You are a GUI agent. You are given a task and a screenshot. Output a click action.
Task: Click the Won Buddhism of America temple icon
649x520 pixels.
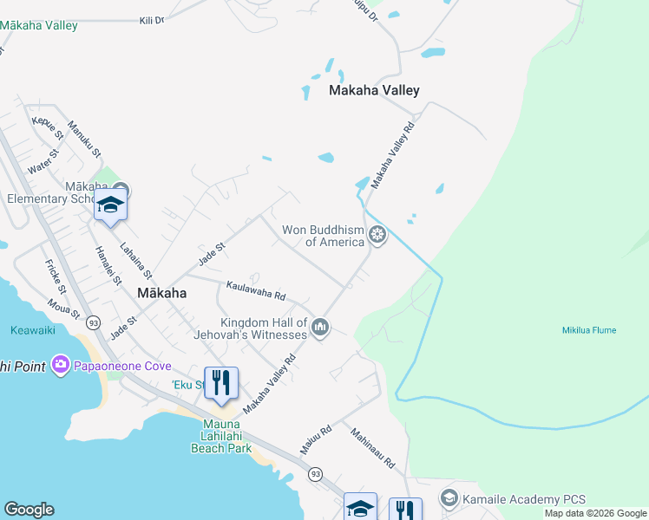pos(377,234)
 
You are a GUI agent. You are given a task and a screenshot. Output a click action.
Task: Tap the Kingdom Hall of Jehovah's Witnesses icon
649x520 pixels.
pos(320,327)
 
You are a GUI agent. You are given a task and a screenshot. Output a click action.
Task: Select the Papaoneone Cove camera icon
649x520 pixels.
pos(61,366)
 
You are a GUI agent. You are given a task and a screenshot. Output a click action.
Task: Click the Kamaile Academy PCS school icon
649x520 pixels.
pos(449,498)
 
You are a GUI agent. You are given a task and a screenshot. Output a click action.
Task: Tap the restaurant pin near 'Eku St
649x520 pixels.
pos(221,382)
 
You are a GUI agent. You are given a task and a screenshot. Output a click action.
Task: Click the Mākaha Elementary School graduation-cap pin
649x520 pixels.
pos(110,205)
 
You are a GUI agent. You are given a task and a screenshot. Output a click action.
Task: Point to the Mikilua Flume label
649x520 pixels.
pos(589,330)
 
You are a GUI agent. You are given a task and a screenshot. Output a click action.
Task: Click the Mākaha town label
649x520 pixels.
pos(161,293)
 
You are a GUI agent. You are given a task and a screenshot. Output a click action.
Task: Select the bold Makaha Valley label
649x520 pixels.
pos(374,90)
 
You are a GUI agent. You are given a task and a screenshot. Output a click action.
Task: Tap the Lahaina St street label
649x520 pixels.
pos(136,261)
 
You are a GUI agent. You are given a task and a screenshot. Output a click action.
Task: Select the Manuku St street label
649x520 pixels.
pos(85,139)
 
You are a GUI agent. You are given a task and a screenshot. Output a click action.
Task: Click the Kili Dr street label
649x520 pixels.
pos(152,19)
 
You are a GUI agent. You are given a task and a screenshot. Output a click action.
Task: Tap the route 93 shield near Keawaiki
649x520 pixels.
pos(93,322)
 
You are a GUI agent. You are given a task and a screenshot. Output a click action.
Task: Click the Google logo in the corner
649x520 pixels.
pos(29,510)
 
